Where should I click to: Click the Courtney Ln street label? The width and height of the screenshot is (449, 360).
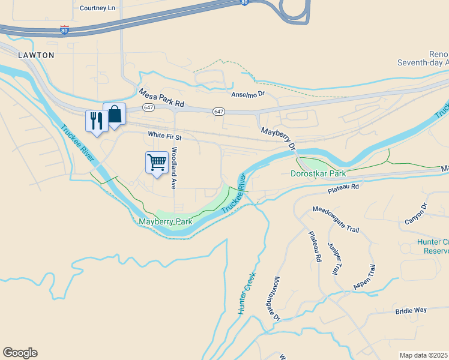(97, 8)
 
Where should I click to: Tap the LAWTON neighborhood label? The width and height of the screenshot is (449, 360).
(36, 55)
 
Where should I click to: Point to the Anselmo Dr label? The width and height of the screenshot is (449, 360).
(248, 94)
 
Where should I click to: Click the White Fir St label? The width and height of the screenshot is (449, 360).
(165, 137)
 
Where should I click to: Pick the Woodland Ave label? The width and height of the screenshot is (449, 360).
(174, 169)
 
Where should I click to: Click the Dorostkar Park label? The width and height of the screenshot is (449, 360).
(318, 173)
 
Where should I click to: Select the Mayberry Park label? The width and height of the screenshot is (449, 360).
(166, 221)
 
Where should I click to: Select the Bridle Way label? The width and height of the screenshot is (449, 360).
(411, 310)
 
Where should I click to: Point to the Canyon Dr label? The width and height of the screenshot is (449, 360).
(415, 214)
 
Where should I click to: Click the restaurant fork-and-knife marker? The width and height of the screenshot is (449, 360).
(96, 121)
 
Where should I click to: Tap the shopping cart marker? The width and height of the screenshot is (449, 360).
(157, 162)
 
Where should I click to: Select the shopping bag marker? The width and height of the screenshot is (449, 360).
(114, 113)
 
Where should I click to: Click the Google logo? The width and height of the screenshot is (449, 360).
(20, 353)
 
